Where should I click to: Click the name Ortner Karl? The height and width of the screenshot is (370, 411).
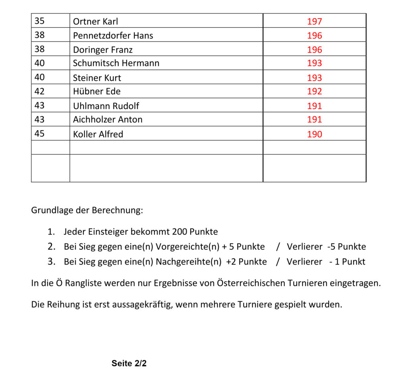[96, 22]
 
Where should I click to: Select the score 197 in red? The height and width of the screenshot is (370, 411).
[315, 22]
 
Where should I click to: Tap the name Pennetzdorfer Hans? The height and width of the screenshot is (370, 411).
[113, 36]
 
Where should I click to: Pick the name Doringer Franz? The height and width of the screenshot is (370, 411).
[103, 50]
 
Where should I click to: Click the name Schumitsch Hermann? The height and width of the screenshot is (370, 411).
[116, 63]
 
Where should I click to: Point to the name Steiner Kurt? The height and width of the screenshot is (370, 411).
[97, 78]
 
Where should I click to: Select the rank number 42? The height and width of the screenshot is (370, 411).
[39, 91]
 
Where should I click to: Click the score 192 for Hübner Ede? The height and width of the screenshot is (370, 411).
[315, 91]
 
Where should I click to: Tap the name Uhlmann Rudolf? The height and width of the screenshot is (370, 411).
[106, 106]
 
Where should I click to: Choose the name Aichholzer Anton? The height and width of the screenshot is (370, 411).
[108, 120]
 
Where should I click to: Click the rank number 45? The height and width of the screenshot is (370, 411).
[39, 134]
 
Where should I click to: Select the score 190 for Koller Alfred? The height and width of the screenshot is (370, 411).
[315, 134]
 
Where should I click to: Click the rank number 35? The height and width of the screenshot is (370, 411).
[39, 21]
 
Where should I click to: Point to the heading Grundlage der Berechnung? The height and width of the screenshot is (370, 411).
[87, 210]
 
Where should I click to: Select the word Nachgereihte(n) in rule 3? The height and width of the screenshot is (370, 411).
[189, 262]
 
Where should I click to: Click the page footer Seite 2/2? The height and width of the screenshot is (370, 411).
[129, 364]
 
